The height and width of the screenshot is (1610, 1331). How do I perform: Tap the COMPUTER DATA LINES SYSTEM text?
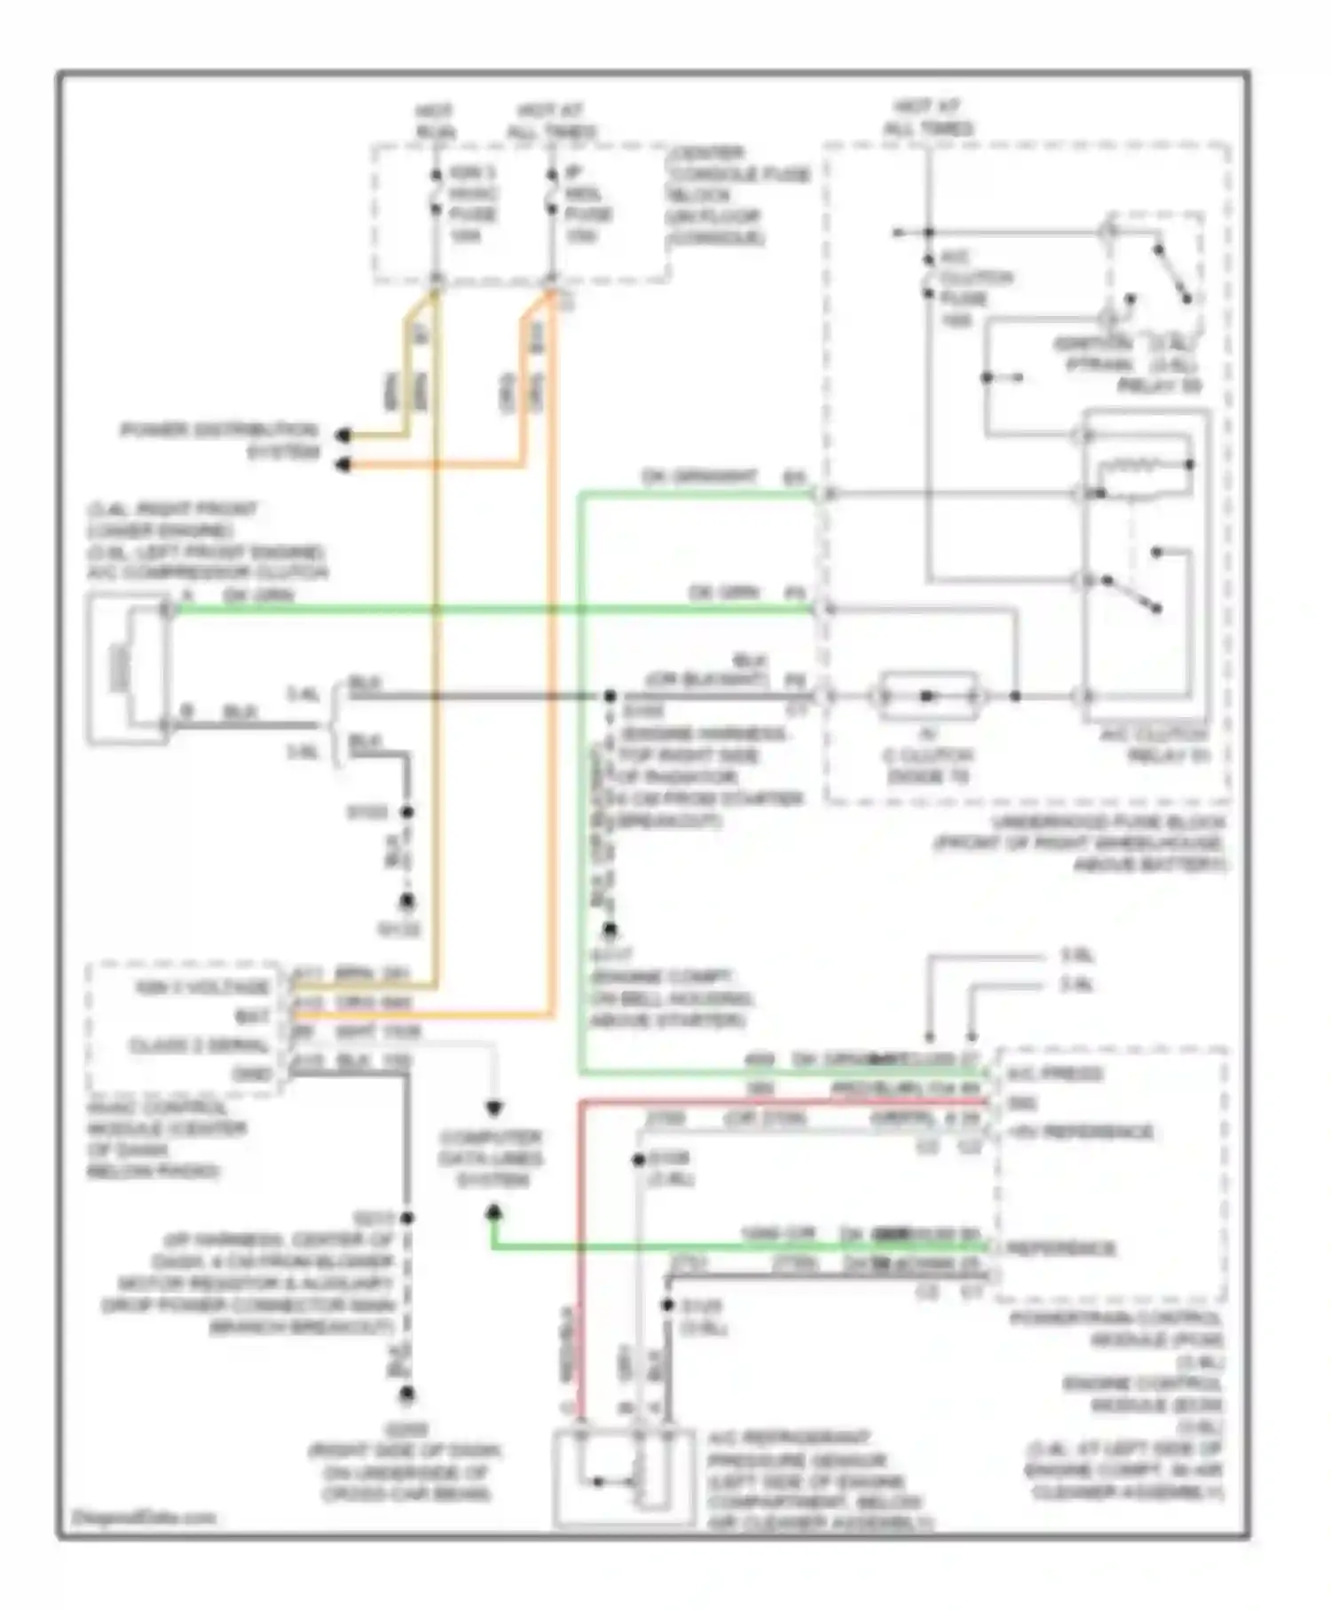pyautogui.click(x=493, y=1158)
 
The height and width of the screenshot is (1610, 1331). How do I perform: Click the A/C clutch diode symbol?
pyautogui.click(x=927, y=696)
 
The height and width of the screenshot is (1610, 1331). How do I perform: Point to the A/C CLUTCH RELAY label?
pyautogui.click(x=1154, y=746)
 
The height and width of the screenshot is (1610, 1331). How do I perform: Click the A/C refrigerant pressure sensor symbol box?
pyautogui.click(x=621, y=1478)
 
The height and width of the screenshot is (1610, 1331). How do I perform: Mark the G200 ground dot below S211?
pyautogui.click(x=406, y=1396)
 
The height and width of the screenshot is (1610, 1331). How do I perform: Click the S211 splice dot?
pyautogui.click(x=406, y=1219)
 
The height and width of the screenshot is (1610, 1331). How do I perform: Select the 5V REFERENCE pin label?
pyautogui.click(x=1079, y=1132)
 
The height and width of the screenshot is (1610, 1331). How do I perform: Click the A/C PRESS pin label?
pyautogui.click(x=1054, y=1074)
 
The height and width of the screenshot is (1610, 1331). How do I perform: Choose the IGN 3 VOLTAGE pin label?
pyautogui.click(x=201, y=987)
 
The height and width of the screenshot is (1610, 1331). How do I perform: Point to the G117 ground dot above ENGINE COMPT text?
pyautogui.click(x=610, y=929)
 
